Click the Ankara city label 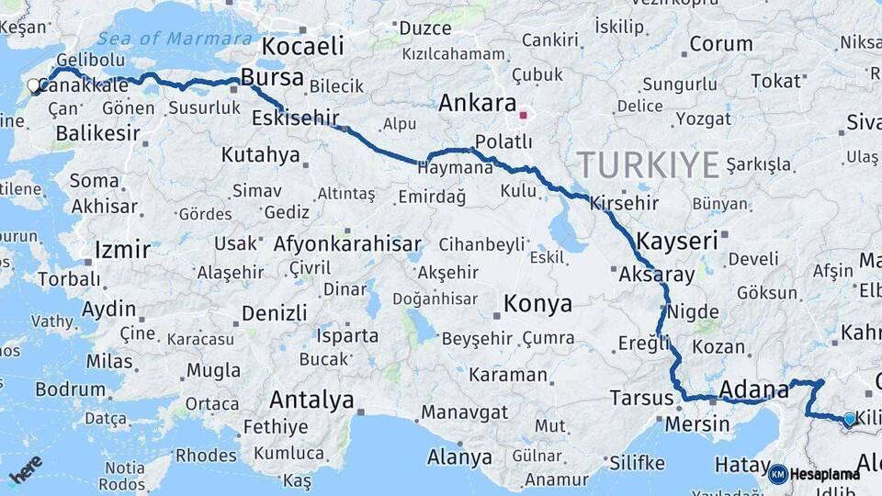tap(478, 103)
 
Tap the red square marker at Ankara tap(523, 116)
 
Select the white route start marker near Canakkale tap(34, 86)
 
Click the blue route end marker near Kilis tap(849, 419)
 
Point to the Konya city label tap(537, 303)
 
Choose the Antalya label tap(311, 400)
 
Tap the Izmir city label tap(122, 250)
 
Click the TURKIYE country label tap(648, 165)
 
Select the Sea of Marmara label tap(175, 39)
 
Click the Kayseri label tap(676, 242)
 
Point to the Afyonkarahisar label tap(347, 244)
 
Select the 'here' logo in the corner tap(26, 469)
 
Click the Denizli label tap(274, 313)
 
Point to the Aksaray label tap(656, 275)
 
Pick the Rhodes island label tap(206, 455)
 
